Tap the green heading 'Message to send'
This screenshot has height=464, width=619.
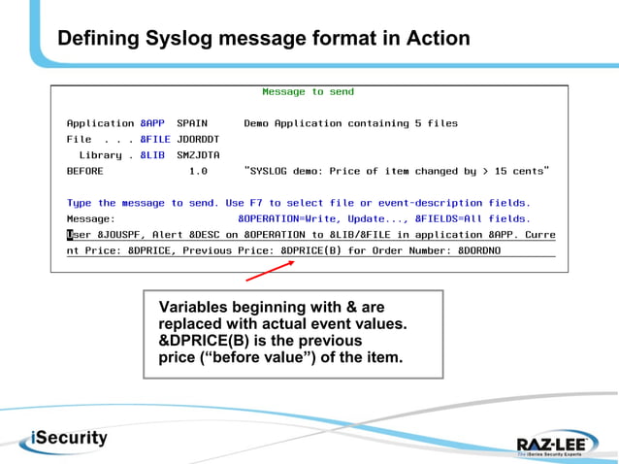point(308,92)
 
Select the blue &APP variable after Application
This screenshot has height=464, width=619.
point(151,123)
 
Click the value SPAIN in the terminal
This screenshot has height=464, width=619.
point(192,123)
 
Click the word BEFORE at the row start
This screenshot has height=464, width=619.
point(84,171)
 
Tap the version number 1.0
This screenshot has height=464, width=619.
point(198,171)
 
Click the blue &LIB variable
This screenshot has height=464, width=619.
point(151,154)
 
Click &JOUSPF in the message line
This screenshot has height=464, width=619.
point(116,234)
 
